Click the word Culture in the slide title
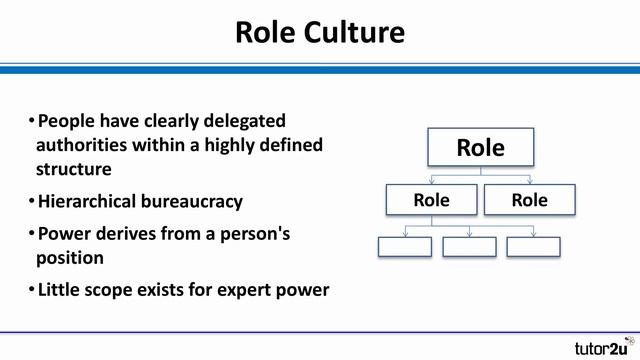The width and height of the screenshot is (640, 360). click(x=356, y=32)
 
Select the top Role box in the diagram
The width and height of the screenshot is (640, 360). click(x=480, y=148)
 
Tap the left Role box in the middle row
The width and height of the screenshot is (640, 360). click(x=431, y=200)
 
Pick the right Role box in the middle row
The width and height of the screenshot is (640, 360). click(x=529, y=200)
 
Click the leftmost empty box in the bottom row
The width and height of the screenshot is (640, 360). click(x=405, y=246)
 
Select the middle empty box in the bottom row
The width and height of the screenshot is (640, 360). click(x=469, y=246)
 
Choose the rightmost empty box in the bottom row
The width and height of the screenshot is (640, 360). click(x=533, y=246)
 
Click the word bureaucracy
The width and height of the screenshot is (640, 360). click(x=194, y=201)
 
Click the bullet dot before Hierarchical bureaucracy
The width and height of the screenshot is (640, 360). click(x=31, y=202)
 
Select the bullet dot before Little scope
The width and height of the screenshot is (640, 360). click(x=31, y=291)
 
